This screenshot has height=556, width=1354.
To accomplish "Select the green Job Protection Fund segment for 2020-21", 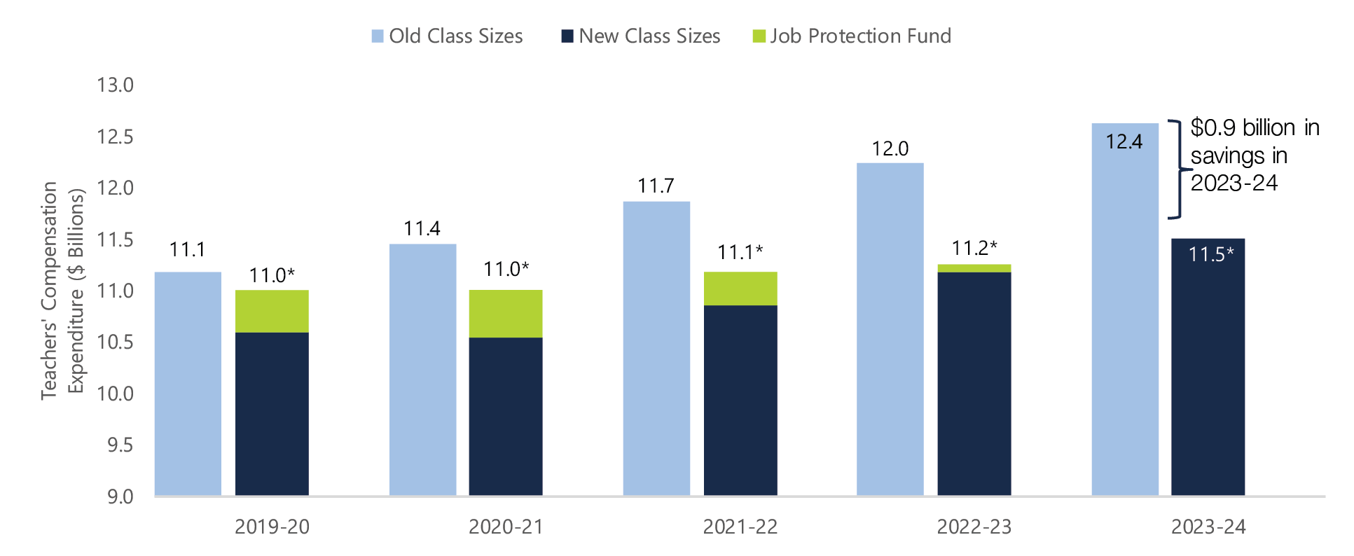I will (506, 314).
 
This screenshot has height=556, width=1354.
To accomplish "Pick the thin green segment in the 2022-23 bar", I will (974, 268).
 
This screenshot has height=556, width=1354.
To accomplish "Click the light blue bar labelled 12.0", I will (890, 329).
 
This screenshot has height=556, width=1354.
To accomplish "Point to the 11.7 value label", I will (656, 186).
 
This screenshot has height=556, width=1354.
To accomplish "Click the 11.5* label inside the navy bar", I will (1211, 254).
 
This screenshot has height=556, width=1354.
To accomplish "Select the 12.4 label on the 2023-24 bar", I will (1124, 142).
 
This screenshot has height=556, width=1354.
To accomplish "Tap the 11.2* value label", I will (974, 248).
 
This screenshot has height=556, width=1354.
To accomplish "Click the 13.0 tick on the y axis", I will (115, 85).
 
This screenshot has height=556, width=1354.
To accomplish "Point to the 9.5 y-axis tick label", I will (120, 445).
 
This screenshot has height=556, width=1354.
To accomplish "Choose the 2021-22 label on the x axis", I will (740, 527).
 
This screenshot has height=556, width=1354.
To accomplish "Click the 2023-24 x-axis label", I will (1208, 527).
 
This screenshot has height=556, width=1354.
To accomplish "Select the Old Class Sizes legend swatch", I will (378, 36).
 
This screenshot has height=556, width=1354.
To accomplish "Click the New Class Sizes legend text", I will (649, 36).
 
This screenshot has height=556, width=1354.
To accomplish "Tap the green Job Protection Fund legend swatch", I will (759, 36).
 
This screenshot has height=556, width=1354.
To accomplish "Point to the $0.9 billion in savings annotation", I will (1254, 155).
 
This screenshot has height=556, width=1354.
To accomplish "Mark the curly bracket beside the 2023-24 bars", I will (1177, 169).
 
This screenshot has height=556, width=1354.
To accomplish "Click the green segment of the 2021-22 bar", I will (740, 289).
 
